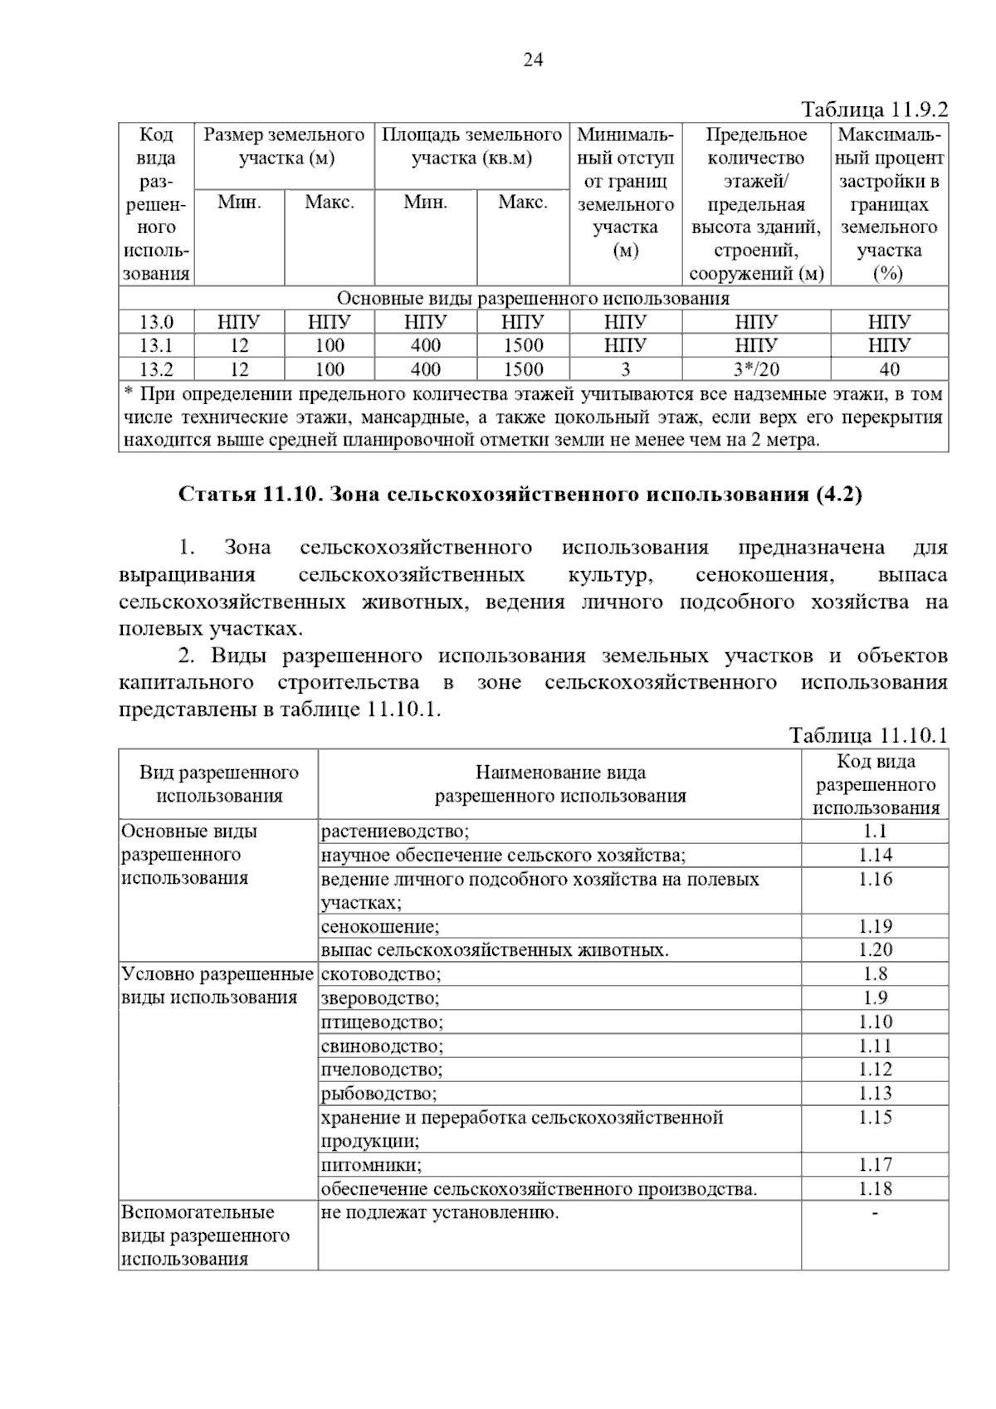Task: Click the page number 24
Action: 533,60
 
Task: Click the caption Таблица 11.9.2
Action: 874,110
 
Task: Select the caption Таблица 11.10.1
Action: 868,735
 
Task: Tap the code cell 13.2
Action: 156,369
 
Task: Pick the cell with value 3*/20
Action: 756,369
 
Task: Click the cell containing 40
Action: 889,369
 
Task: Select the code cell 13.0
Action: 156,322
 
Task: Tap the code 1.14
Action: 875,856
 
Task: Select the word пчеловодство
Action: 382,1070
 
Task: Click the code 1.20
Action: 875,950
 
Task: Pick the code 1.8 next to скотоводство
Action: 875,974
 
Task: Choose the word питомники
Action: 371,1165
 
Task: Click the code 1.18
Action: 875,1189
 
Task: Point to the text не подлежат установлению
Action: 440,1213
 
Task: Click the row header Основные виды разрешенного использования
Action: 189,855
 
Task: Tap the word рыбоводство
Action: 378,1094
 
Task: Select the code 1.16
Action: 875,880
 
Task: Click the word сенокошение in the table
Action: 380,927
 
